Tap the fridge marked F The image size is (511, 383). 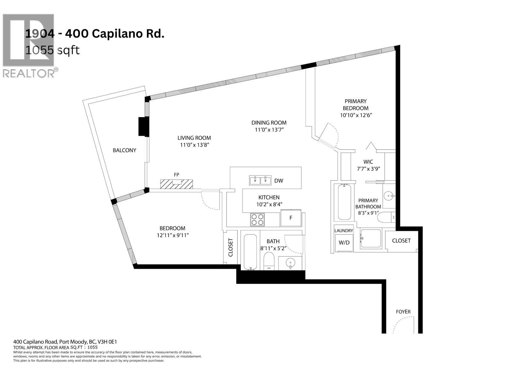291,218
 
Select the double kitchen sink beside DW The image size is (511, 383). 260,180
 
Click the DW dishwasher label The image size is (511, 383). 278,181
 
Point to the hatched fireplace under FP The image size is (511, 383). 177,184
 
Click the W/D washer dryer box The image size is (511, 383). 344,243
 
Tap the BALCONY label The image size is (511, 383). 124,150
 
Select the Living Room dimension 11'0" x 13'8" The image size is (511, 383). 194,145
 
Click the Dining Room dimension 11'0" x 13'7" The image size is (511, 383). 269,130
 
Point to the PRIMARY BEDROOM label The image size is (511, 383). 355,105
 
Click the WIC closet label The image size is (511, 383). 368,162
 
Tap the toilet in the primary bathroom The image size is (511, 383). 386,218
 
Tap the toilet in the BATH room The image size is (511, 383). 269,261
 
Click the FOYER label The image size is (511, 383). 403,312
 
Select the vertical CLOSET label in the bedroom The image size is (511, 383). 231,248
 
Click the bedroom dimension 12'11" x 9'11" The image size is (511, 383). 172,235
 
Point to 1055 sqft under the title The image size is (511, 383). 52,50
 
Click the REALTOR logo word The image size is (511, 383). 29,73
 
